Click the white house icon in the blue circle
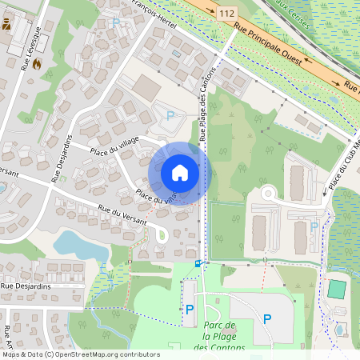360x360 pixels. (x=180, y=173)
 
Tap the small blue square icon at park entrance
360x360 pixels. (x=198, y=262)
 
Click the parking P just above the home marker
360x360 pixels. (x=170, y=115)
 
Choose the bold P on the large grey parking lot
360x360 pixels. (x=267, y=318)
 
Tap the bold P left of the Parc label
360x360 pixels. (x=190, y=309)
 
